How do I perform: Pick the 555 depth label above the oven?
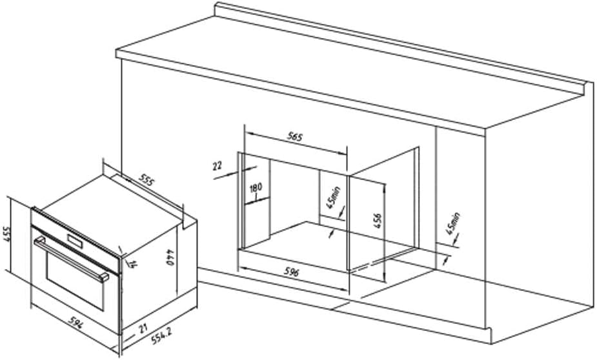pos(147,181)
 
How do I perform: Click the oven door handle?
pos(71,258)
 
